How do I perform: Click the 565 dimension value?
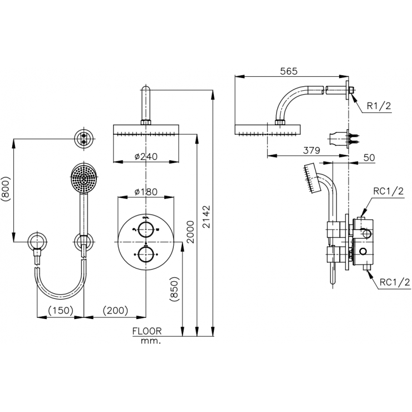click(288, 71)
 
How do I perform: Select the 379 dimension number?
click(312, 150)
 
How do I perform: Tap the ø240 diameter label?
click(146, 156)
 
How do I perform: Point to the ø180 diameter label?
click(146, 192)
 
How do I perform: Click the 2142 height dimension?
click(207, 217)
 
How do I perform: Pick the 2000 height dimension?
click(190, 232)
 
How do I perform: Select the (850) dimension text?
click(174, 289)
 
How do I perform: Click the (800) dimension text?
click(6, 189)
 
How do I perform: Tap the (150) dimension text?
click(61, 310)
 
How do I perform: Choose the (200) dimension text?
click(115, 310)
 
